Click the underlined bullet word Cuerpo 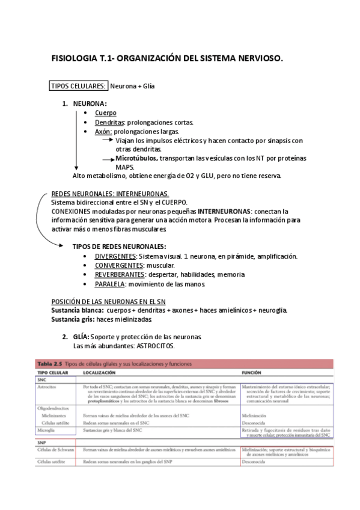(x=106, y=113)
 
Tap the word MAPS (x=125, y=167)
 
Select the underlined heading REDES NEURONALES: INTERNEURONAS (x=110, y=194)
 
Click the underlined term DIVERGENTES (x=115, y=256)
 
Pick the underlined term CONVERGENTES (x=118, y=265)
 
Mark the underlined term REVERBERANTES (x=120, y=274)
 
